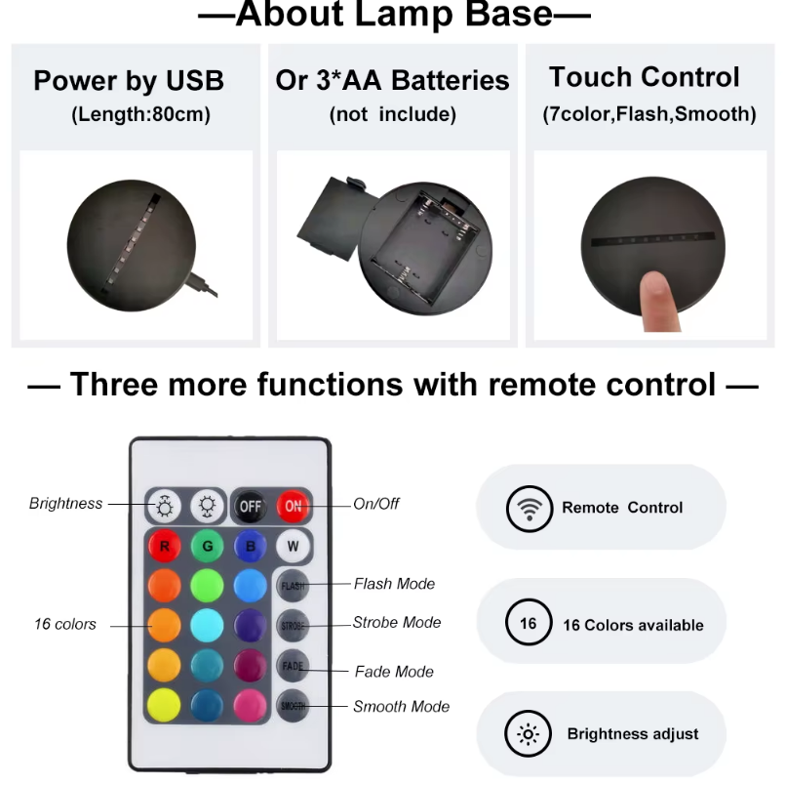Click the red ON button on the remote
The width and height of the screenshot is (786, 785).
293,506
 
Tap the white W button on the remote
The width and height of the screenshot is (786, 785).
293,546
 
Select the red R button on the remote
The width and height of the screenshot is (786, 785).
164,546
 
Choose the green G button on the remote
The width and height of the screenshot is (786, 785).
208,546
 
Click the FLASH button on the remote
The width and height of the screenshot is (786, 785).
293,586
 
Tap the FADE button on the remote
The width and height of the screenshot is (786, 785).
293,666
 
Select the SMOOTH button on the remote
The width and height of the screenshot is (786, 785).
293,705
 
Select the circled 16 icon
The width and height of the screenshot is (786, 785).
528,624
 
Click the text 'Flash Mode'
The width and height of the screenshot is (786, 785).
394,584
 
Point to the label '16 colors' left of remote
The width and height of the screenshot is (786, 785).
65,624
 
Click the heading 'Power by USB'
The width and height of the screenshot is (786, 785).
129,80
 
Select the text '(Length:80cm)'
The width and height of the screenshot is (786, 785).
140,115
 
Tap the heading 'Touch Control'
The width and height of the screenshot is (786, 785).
644,77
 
